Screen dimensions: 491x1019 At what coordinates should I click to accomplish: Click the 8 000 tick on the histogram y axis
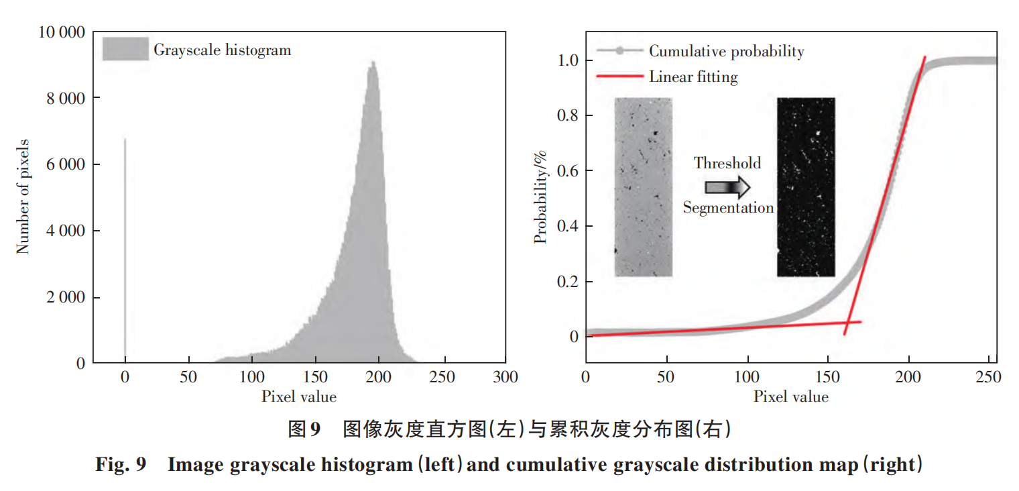(66, 99)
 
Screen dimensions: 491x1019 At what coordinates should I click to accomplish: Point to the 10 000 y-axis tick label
(61, 32)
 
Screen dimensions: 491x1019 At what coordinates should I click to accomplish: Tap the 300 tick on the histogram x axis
(505, 378)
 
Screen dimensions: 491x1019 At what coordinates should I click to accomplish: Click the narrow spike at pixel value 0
(125, 248)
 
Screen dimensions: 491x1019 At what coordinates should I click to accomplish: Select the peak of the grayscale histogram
(373, 63)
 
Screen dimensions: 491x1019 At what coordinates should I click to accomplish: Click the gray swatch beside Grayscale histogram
(125, 50)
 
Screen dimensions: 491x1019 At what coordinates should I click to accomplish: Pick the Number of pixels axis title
(23, 197)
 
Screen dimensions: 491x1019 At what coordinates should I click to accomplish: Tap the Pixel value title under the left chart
(298, 397)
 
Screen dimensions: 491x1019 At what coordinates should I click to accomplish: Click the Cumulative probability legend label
(726, 51)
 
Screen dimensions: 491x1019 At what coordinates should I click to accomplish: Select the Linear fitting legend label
(693, 77)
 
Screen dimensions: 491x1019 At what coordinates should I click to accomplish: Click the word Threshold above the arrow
(727, 163)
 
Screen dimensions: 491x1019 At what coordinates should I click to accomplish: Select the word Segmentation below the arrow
(728, 208)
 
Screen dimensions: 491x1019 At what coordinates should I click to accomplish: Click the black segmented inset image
(806, 187)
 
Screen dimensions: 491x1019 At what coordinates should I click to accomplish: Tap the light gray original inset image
(643, 187)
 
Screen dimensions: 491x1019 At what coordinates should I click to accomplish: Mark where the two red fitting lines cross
(847, 323)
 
